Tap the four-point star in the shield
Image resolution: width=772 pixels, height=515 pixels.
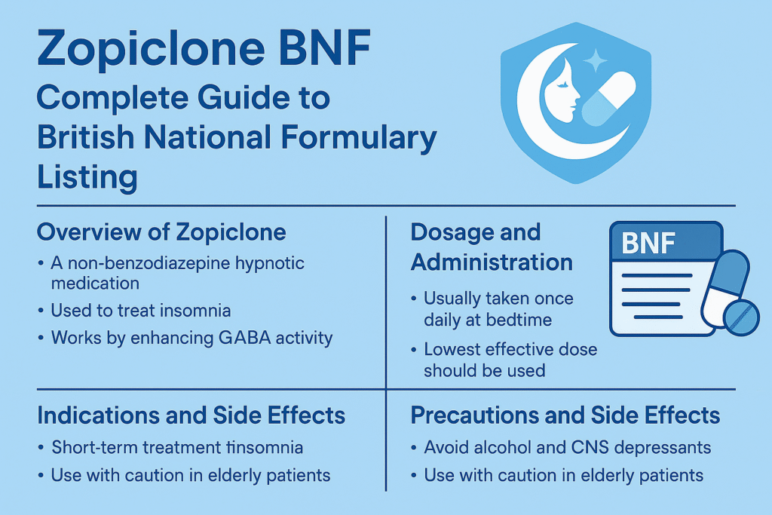(594, 60)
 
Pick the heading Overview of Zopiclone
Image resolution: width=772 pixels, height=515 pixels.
(161, 231)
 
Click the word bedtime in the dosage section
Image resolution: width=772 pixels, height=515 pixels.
(520, 320)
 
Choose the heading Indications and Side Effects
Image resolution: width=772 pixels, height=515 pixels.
(191, 415)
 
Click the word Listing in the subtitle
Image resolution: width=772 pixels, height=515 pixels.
(87, 178)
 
